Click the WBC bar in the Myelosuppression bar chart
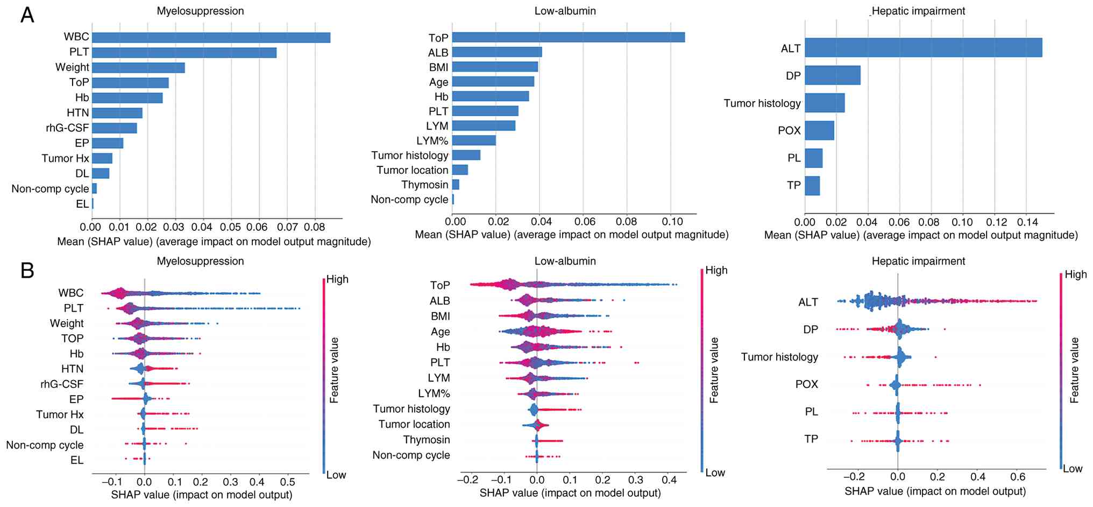tap(211, 37)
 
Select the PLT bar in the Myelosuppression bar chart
tap(184, 52)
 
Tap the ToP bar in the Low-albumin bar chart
tap(568, 37)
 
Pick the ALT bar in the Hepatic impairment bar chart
tap(923, 47)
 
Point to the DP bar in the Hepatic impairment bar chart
tap(832, 75)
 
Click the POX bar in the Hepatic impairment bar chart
tap(819, 130)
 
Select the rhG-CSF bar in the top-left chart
tap(114, 128)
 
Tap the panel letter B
tap(27, 271)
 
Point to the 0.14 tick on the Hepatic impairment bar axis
tap(1026, 222)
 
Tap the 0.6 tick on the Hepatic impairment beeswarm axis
tap(1018, 477)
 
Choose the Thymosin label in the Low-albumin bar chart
tap(424, 185)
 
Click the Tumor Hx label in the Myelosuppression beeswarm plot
tap(60, 414)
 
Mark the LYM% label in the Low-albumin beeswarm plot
tap(434, 393)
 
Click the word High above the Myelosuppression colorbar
tap(337, 279)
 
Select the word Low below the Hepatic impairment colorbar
tap(1072, 469)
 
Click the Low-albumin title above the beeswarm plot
tap(565, 261)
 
